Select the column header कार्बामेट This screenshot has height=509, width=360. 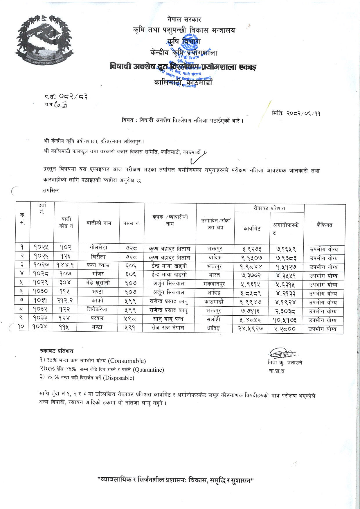pos(252,229)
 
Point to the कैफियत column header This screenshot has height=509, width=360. pos(325,225)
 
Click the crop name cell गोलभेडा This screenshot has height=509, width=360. pos(99,248)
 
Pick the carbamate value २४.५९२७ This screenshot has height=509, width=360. pos(251,329)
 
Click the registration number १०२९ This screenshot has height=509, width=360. pos(40,283)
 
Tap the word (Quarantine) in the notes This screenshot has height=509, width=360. pos(148,370)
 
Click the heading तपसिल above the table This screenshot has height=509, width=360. pos(51,190)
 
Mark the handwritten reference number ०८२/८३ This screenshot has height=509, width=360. pos(73,96)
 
